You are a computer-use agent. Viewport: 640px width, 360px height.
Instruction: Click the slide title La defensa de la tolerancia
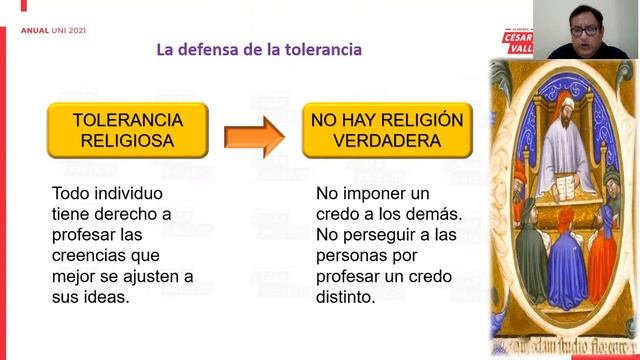[x=259, y=50]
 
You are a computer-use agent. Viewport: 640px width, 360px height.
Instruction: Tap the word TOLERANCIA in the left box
[x=128, y=119]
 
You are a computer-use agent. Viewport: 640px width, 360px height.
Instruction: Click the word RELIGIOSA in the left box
[x=128, y=141]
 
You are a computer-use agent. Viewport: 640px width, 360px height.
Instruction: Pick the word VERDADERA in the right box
[x=388, y=141]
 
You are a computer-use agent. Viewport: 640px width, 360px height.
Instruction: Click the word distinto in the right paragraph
[x=345, y=297]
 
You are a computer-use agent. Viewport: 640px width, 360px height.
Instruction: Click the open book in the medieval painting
[x=559, y=186]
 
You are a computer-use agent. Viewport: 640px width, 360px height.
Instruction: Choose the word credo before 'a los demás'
[x=342, y=214]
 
